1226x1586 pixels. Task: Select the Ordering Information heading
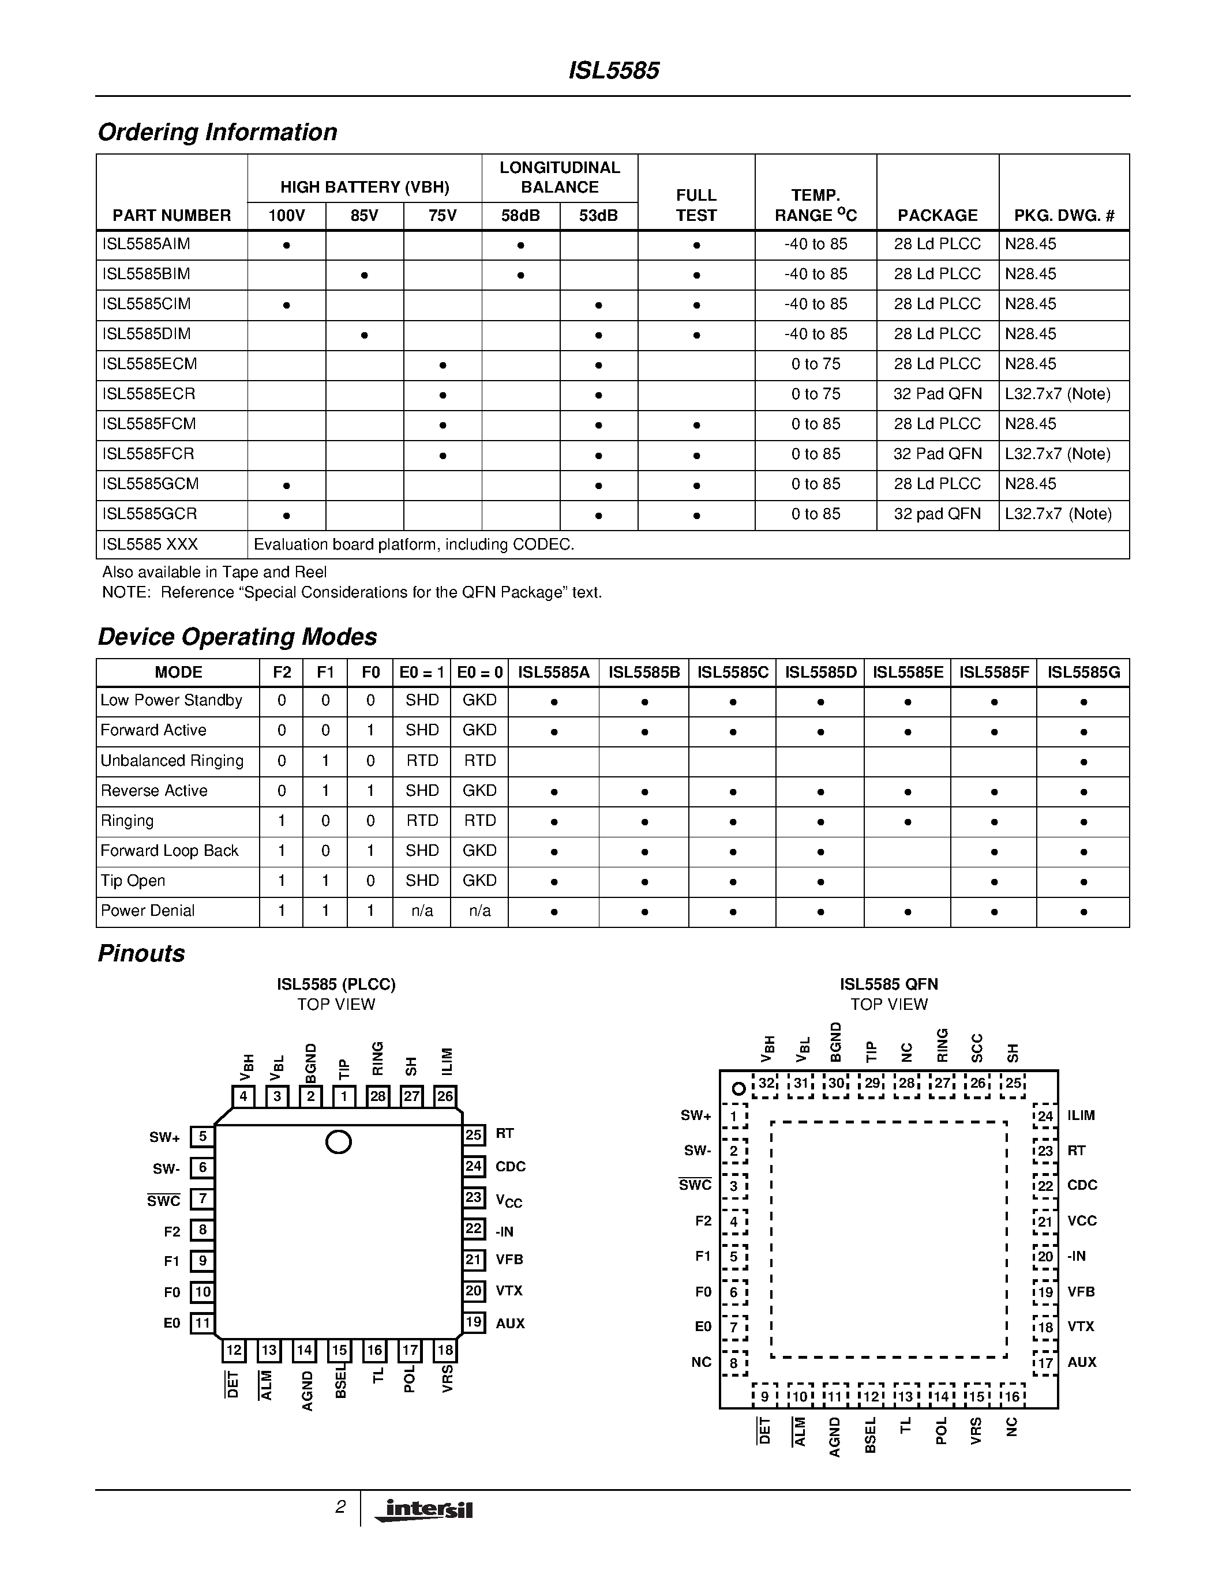(217, 132)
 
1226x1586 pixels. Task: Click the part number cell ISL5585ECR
(149, 394)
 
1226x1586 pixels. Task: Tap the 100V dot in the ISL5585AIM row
(287, 246)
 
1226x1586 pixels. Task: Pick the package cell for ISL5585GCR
(937, 514)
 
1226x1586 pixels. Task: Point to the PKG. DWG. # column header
(1064, 216)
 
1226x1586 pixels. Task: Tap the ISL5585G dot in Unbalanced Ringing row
(1083, 762)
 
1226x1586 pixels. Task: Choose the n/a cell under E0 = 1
(422, 911)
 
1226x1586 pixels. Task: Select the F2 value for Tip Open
(282, 880)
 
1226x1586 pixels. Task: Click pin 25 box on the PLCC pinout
(474, 1134)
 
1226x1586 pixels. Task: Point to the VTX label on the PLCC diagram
(509, 1291)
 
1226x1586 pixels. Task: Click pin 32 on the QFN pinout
(766, 1084)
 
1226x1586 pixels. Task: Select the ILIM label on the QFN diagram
(1081, 1115)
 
